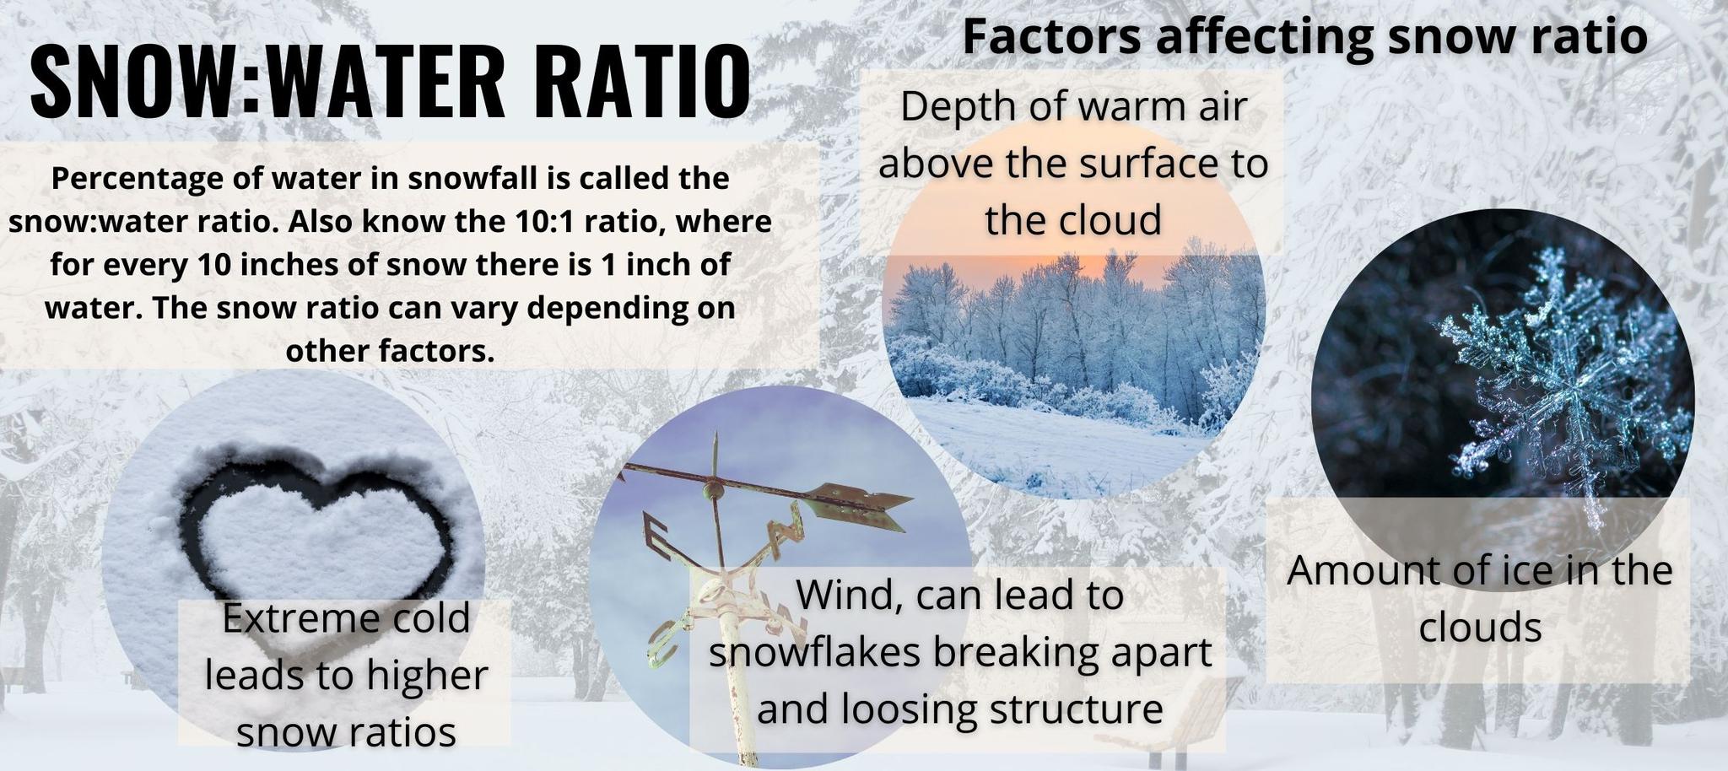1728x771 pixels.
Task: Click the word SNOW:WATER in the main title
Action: point(267,81)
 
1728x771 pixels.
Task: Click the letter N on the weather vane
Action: point(785,531)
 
